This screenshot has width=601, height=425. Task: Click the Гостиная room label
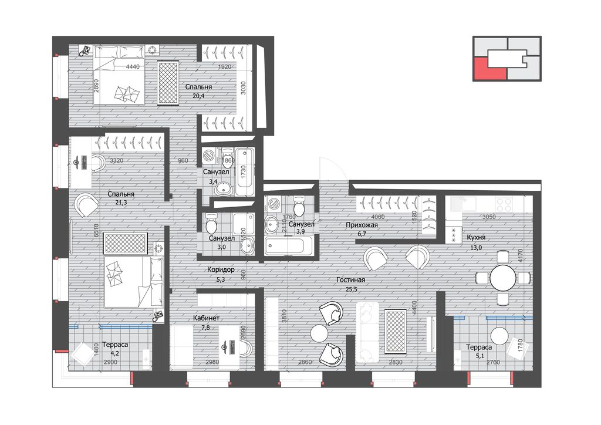350,280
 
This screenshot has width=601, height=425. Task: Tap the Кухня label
475,238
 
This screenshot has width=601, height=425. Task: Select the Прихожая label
362,225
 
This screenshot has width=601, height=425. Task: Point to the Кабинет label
206,319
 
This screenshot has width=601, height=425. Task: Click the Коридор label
221,270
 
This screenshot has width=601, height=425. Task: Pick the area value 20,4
198,96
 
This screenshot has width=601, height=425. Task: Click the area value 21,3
120,203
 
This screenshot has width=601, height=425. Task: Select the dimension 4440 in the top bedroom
133,67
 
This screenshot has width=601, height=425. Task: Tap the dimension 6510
96,231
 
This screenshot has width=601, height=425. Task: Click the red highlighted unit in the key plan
490,69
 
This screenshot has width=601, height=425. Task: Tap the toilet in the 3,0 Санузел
211,225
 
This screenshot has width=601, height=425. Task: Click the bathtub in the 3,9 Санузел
289,245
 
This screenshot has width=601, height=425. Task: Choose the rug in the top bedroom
168,82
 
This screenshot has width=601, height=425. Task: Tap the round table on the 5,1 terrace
499,336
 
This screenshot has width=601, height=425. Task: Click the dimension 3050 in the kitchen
489,217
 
